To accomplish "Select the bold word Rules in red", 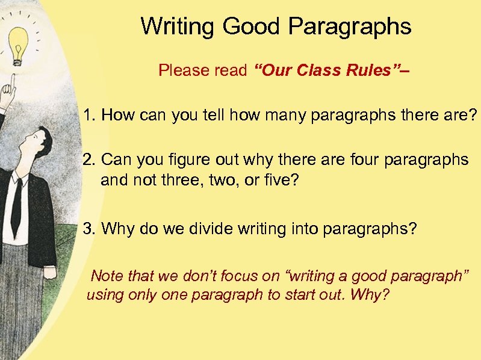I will [x=374, y=70].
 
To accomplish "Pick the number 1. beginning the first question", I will [x=90, y=115].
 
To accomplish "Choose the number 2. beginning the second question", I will [x=90, y=160].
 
